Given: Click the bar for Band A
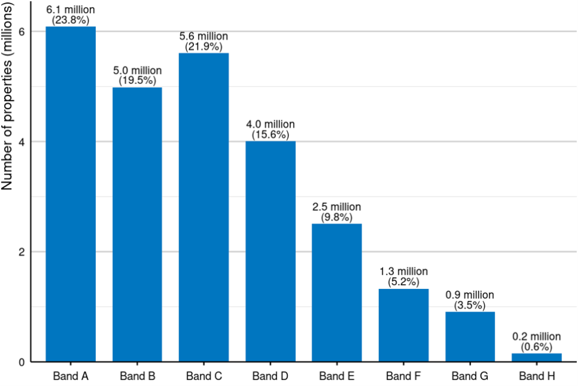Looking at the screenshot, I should tap(71, 193).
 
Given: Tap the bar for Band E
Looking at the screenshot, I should tap(337, 293).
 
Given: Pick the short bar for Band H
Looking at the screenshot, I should tap(536, 357).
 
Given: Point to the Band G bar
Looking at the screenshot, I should tap(470, 337).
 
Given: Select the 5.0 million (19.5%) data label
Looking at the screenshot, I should tap(137, 75).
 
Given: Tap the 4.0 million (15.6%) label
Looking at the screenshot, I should tap(270, 128).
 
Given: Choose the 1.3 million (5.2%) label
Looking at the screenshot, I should tap(403, 276).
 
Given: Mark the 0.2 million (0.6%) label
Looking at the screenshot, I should tap(536, 341).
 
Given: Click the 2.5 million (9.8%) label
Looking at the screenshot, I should tap(337, 211).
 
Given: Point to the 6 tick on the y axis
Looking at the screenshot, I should tap(22, 31).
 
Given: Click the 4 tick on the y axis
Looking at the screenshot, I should tap(22, 142).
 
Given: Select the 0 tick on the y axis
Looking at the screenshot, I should tap(22, 362).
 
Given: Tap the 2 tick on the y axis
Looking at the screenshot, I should tap(22, 252).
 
